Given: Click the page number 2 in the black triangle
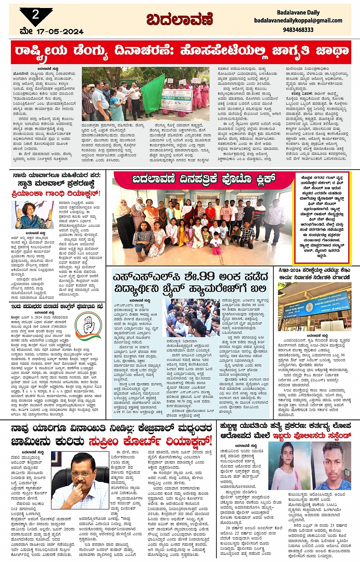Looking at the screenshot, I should point(35,15).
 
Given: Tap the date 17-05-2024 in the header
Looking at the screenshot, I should point(59,31).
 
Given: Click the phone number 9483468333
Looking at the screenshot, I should point(298,29).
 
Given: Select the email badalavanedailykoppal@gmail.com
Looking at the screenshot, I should point(298,21).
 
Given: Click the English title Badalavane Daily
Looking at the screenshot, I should point(298,12).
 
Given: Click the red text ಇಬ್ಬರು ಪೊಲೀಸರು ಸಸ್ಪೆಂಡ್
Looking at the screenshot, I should point(311,435).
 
